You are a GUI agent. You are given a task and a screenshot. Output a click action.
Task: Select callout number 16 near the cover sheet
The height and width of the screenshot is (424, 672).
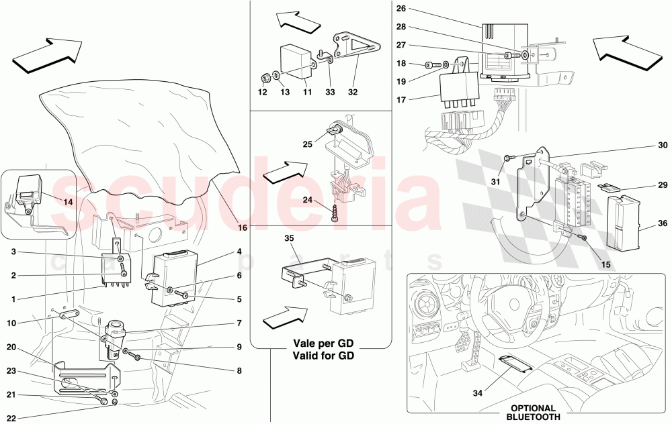pos(243,228)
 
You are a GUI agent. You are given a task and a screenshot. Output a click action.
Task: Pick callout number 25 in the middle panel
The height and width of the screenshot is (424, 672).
pos(308,144)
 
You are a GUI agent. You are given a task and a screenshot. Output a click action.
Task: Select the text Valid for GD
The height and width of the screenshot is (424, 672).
pos(323,356)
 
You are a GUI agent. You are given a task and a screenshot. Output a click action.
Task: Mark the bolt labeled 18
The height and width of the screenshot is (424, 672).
pos(429,65)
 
